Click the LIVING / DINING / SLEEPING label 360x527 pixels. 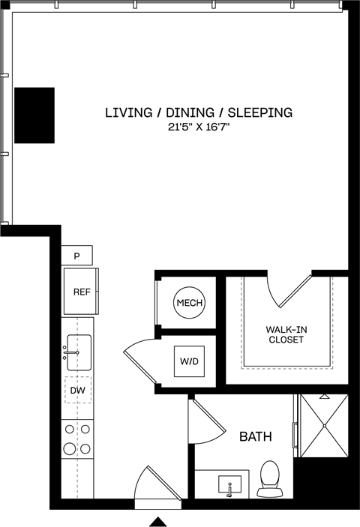point(198,113)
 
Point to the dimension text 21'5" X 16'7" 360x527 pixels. point(198,128)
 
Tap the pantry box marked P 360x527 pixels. point(76,256)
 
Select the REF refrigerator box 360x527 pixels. point(81,292)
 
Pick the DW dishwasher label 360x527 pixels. point(77,390)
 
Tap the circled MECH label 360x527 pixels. point(189,303)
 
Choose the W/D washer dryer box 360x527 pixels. point(189,361)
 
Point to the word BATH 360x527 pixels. point(255,436)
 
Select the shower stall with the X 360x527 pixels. point(324,425)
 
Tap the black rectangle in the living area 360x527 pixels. point(34,115)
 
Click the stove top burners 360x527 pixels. point(77,439)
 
